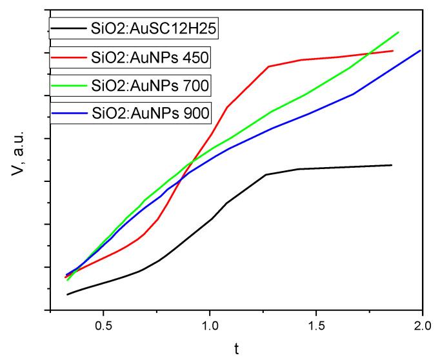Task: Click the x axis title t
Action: pyautogui.click(x=236, y=349)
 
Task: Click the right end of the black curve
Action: pyautogui.click(x=392, y=165)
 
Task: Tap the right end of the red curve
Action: pyautogui.click(x=393, y=50)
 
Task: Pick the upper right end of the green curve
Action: pyautogui.click(x=399, y=32)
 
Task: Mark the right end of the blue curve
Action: pyautogui.click(x=421, y=50)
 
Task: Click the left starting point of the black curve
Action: pyautogui.click(x=67, y=295)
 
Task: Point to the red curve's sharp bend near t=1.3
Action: pyautogui.click(x=268, y=66)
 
